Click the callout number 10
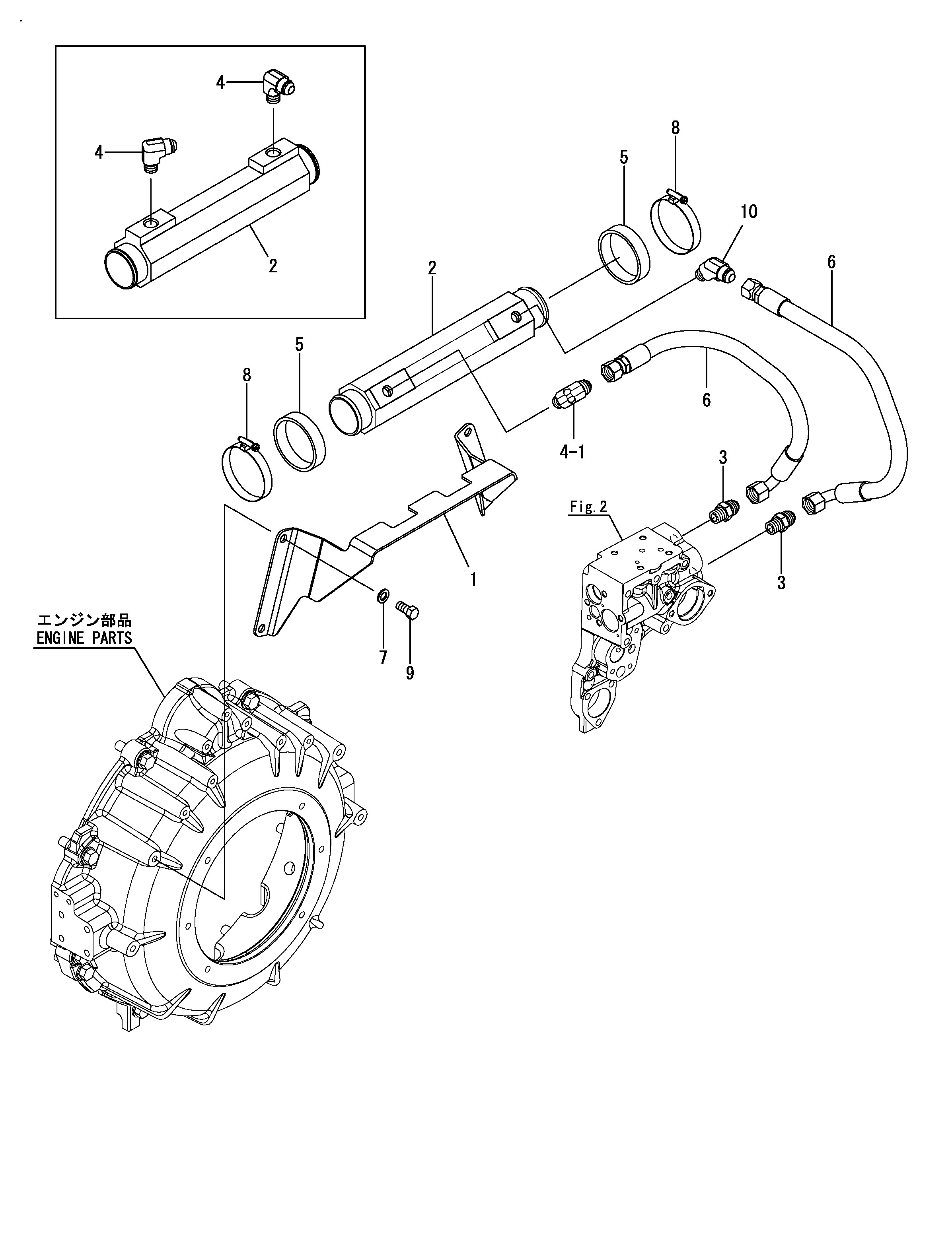pyautogui.click(x=749, y=212)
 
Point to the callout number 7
pyautogui.click(x=383, y=658)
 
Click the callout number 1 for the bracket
pyautogui.click(x=473, y=580)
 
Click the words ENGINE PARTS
pyautogui.click(x=84, y=638)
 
